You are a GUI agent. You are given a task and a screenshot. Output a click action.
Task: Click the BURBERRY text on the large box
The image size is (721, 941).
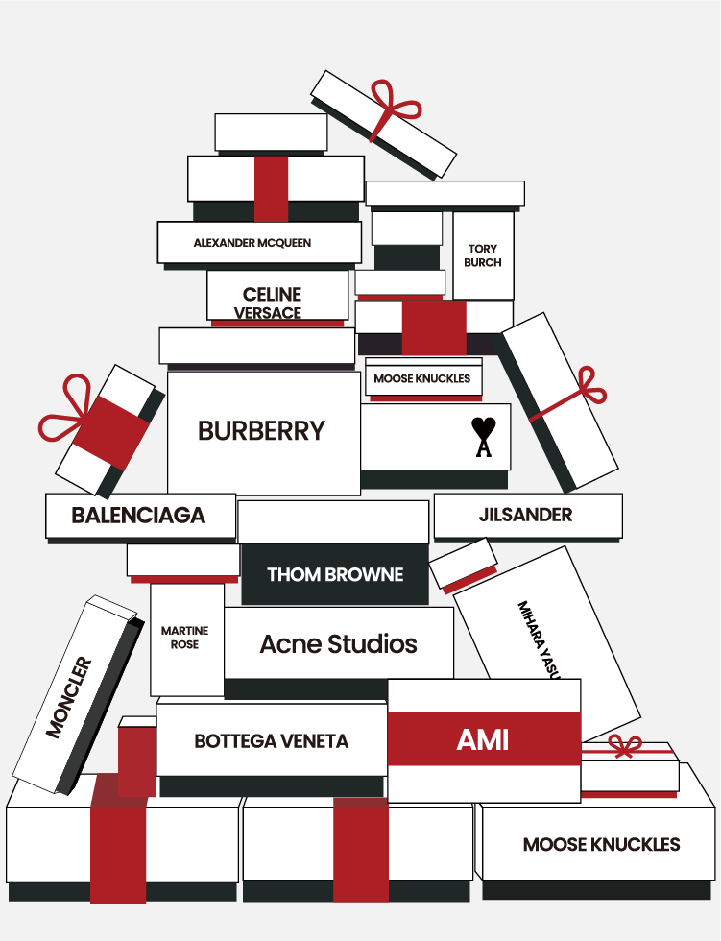click(x=261, y=431)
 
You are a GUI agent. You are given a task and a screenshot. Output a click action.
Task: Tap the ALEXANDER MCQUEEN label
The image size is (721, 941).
click(x=252, y=243)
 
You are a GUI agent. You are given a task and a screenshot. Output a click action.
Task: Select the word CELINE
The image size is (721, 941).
click(x=272, y=294)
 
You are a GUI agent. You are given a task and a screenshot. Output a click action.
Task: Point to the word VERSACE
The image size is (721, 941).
click(x=268, y=313)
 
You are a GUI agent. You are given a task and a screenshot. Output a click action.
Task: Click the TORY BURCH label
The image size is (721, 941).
click(x=482, y=255)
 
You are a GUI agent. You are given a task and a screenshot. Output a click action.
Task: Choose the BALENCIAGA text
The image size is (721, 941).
click(x=138, y=516)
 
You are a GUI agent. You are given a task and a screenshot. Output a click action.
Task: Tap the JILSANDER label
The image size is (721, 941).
click(x=525, y=515)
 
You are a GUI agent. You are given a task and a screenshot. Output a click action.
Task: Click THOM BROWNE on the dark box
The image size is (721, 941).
click(x=335, y=575)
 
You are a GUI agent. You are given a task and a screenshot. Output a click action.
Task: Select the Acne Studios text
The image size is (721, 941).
click(x=338, y=644)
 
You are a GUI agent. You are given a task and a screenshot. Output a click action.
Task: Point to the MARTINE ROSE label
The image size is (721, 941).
click(x=184, y=638)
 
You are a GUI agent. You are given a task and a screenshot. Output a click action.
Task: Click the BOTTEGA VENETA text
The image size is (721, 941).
click(x=271, y=741)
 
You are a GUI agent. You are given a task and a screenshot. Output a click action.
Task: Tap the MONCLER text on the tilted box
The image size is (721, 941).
click(x=69, y=697)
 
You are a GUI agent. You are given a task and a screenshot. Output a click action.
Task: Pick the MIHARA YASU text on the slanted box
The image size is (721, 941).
click(x=540, y=639)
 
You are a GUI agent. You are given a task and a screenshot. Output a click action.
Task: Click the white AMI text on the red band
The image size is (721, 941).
click(x=483, y=740)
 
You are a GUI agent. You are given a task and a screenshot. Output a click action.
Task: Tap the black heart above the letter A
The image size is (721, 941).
click(x=483, y=427)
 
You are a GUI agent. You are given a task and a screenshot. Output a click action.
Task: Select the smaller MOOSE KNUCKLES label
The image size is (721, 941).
click(x=422, y=378)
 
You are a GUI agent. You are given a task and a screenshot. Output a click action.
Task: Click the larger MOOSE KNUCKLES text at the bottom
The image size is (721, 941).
click(x=601, y=845)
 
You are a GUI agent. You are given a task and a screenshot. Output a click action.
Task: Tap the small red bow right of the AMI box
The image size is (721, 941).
click(x=625, y=746)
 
